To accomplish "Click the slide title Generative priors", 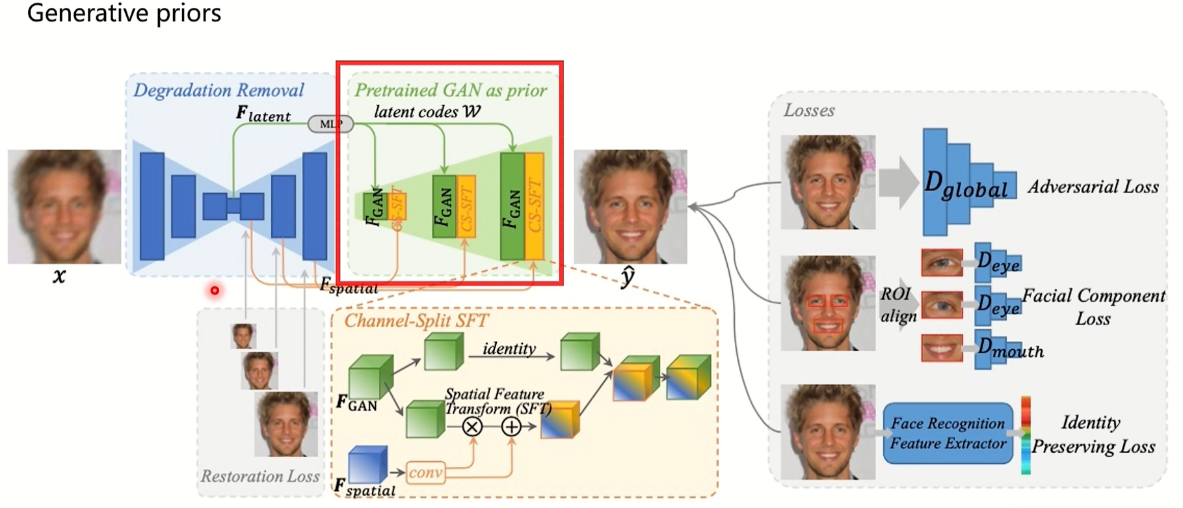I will pos(124,13).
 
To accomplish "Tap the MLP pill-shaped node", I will pos(330,124).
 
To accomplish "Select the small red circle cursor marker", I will pos(215,290).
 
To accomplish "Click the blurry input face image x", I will pos(64,206).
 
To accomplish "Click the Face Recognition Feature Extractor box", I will pos(948,433).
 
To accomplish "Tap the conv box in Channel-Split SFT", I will pos(425,472).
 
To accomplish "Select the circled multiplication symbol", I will pos(472,427).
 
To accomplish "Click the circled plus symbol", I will pos(511,427).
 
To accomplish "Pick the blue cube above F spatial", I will pos(367,464).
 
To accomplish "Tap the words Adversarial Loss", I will pos(1093,187).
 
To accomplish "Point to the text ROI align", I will pos(897,305).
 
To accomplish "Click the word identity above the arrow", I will pos(509,349).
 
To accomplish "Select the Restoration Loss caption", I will pos(259,477).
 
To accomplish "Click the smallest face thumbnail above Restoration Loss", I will pos(243,336).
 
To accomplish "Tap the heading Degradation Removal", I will pos(219,90).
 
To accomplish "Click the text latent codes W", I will pos(427,112).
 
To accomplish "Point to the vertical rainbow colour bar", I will pos(1026,434).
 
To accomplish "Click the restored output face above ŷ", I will pos(630,207).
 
